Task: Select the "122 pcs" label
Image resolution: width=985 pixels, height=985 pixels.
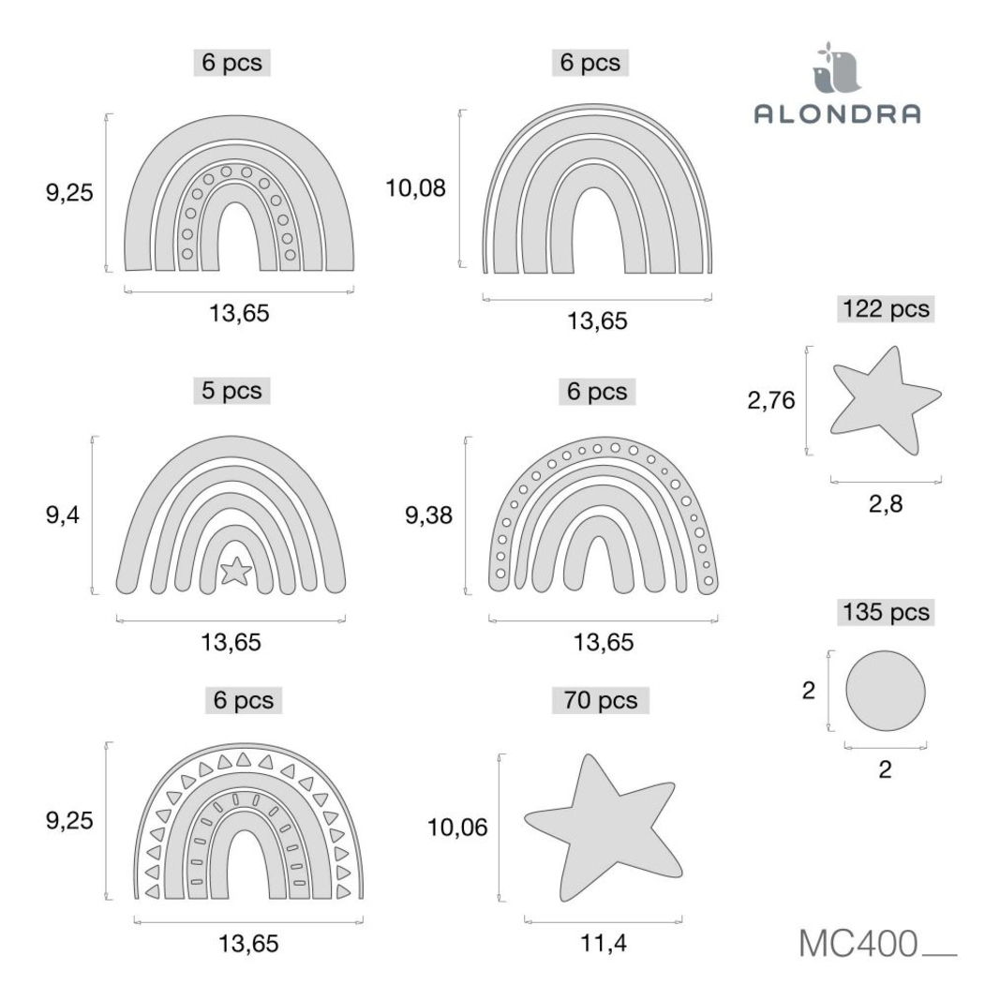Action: (x=885, y=308)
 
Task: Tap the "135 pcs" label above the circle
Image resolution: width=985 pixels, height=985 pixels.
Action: (x=885, y=613)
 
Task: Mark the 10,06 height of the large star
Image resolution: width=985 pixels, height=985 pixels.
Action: (x=457, y=828)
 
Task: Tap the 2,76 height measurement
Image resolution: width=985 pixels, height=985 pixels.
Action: (x=771, y=401)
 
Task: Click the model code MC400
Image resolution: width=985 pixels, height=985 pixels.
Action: (x=858, y=944)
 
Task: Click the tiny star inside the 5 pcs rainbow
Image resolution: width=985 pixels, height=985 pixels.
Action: (x=235, y=569)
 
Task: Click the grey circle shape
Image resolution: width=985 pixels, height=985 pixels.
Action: (x=885, y=692)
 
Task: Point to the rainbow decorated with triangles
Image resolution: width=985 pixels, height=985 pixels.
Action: (x=248, y=825)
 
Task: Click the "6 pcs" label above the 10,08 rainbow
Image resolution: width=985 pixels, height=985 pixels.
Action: (x=590, y=63)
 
